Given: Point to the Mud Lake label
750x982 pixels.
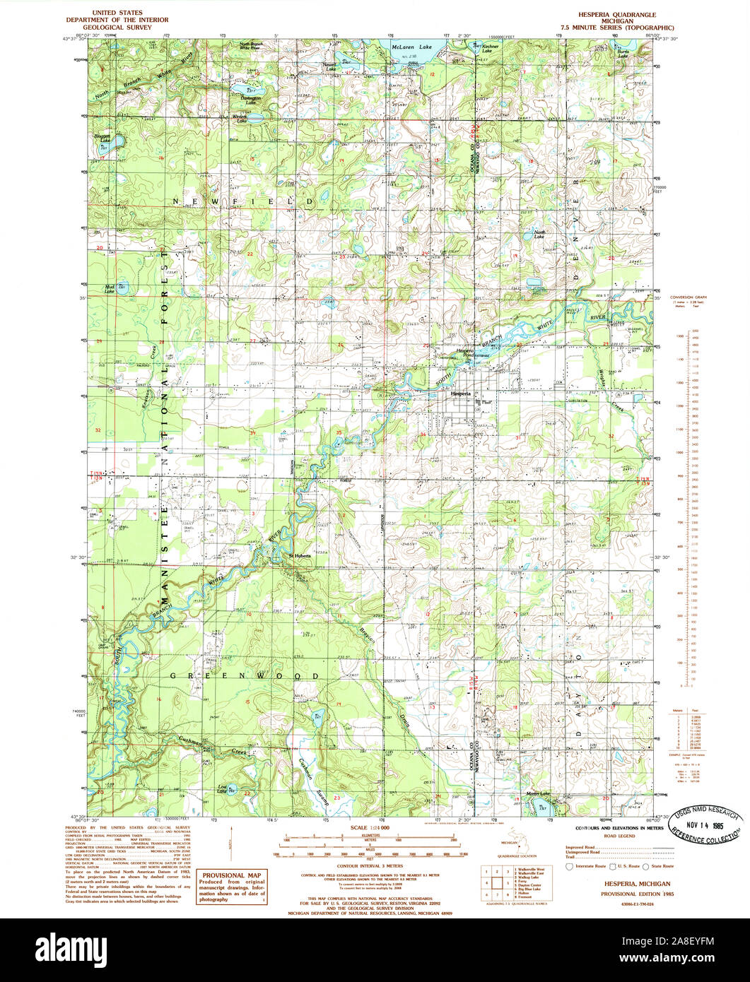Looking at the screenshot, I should (110, 289).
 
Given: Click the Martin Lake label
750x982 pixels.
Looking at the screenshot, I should (539, 793).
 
